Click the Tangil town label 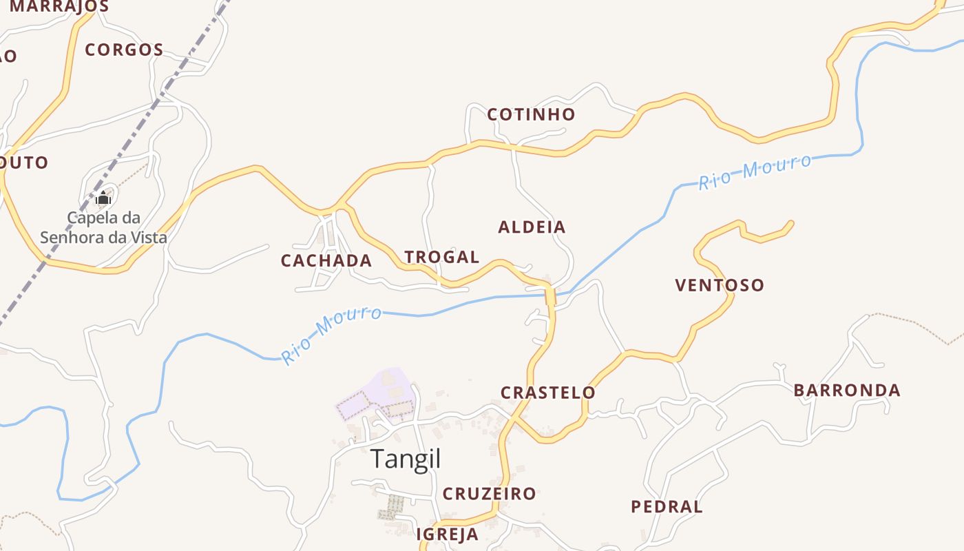(x=406, y=459)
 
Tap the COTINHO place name (x=531, y=114)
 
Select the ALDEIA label (x=532, y=227)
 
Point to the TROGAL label (x=441, y=257)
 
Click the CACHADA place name (x=326, y=260)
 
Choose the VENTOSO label (x=720, y=285)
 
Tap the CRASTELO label (x=547, y=393)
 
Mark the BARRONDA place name (x=847, y=391)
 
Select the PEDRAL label (x=667, y=507)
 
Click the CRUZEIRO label (x=489, y=494)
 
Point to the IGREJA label (x=447, y=534)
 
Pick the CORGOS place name (x=124, y=50)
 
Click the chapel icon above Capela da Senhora (x=103, y=198)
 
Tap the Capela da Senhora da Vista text (x=103, y=228)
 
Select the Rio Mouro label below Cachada (x=332, y=334)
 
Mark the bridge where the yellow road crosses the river (x=550, y=296)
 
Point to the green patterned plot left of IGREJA (x=391, y=507)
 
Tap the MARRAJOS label (x=59, y=7)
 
